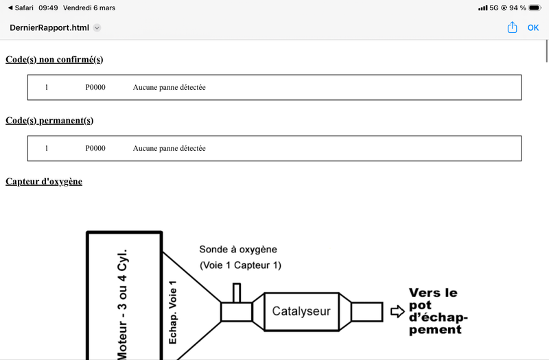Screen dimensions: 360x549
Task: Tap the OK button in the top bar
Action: pyautogui.click(x=533, y=27)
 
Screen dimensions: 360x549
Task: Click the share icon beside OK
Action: pyautogui.click(x=512, y=27)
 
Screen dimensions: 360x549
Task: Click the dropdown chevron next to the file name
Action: pyautogui.click(x=97, y=28)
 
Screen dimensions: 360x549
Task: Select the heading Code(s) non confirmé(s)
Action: pyautogui.click(x=54, y=60)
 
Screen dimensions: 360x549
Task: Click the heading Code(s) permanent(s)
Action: pyautogui.click(x=49, y=121)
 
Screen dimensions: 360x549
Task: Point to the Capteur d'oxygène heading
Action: pyautogui.click(x=44, y=181)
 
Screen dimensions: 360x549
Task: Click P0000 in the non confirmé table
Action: pyautogui.click(x=95, y=88)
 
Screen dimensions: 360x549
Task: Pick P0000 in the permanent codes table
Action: pyautogui.click(x=95, y=148)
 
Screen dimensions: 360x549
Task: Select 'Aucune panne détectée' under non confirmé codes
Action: pyautogui.click(x=170, y=88)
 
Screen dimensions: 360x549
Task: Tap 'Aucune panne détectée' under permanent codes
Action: pyautogui.click(x=170, y=148)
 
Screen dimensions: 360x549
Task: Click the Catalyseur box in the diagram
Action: pyautogui.click(x=301, y=311)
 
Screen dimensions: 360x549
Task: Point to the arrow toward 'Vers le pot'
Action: pyautogui.click(x=397, y=311)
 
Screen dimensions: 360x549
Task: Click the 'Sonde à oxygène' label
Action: pyautogui.click(x=238, y=250)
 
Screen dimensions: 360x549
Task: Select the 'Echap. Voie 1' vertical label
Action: pyautogui.click(x=173, y=312)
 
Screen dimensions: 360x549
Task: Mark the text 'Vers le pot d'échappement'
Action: pyautogui.click(x=435, y=311)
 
